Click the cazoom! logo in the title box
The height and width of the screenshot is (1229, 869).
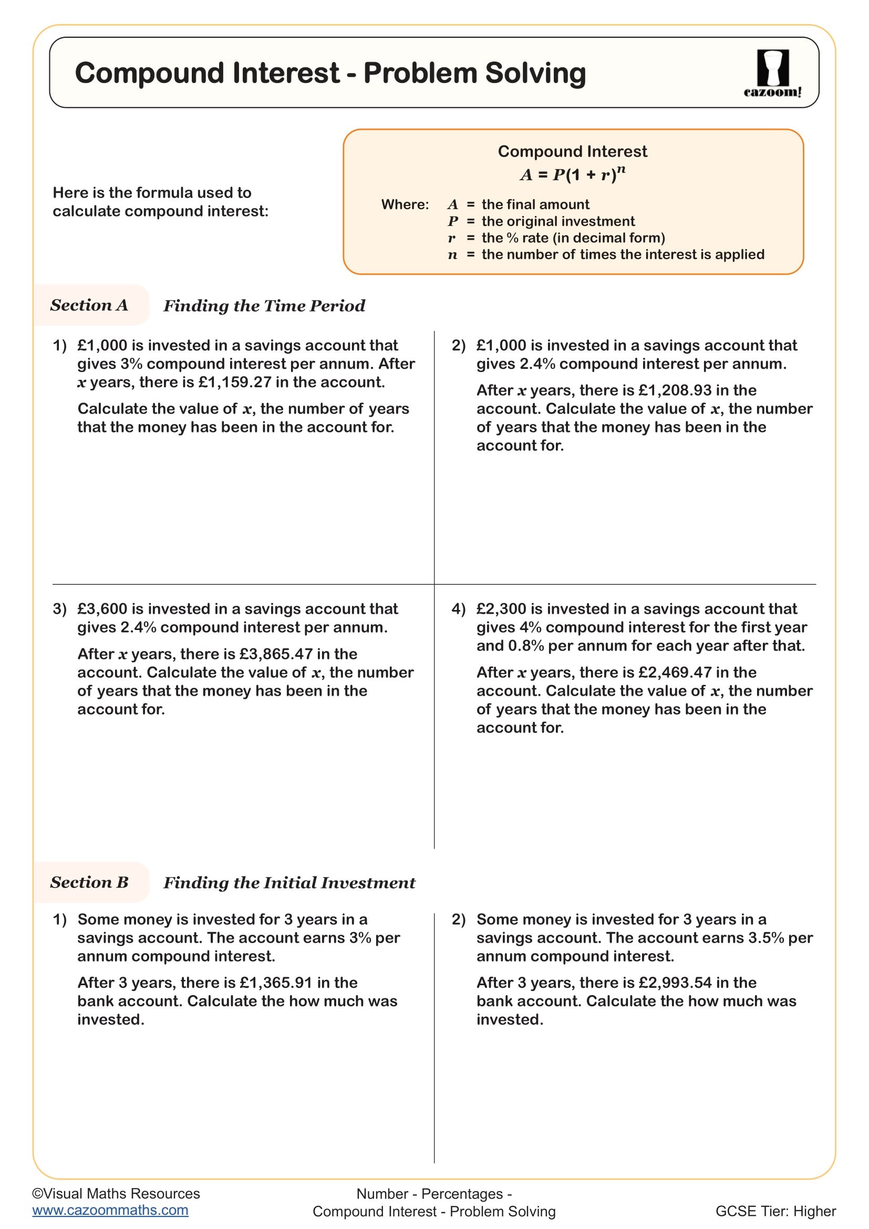772,74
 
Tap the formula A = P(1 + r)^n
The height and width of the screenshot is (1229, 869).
572,174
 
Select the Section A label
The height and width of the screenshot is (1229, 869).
89,305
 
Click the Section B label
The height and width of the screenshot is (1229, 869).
89,882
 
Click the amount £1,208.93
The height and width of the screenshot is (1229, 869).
675,390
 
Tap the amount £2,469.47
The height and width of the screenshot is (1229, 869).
675,673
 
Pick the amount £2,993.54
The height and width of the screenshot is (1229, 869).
675,983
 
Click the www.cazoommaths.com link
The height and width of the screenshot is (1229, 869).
110,1210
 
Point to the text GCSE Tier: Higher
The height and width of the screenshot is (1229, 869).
775,1211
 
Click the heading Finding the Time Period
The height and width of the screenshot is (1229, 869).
264,306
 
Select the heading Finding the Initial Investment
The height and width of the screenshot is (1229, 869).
289,883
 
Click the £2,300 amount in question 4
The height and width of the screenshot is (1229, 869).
501,609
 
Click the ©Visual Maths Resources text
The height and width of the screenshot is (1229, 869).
116,1194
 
